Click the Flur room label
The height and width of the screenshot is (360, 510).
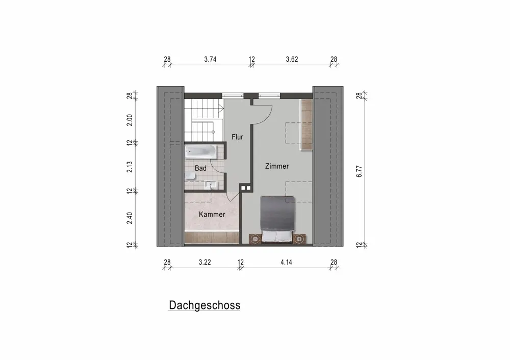(x=238, y=137)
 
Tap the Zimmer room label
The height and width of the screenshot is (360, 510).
(x=277, y=166)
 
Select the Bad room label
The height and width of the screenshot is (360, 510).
(x=200, y=168)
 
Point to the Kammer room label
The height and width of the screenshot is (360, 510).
(x=212, y=214)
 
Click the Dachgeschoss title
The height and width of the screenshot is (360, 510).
(x=205, y=305)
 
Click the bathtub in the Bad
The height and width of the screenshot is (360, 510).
(x=200, y=151)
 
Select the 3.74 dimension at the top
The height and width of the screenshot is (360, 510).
(x=210, y=59)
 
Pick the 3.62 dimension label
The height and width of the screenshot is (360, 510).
(x=292, y=59)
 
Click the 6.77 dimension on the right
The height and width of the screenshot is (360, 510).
(x=359, y=171)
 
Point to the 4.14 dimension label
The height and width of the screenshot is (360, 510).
(x=286, y=262)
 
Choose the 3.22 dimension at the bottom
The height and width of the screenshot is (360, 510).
(x=205, y=262)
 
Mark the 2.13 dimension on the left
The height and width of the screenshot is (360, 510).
(x=130, y=167)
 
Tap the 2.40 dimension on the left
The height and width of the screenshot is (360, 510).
(x=130, y=218)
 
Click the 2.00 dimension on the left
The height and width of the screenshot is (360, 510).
(x=130, y=120)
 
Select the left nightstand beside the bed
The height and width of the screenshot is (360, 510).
(x=254, y=239)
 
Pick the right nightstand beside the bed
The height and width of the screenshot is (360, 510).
(x=299, y=239)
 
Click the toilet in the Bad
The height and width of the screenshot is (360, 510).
(x=190, y=176)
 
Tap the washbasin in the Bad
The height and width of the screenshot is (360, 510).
(x=211, y=185)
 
